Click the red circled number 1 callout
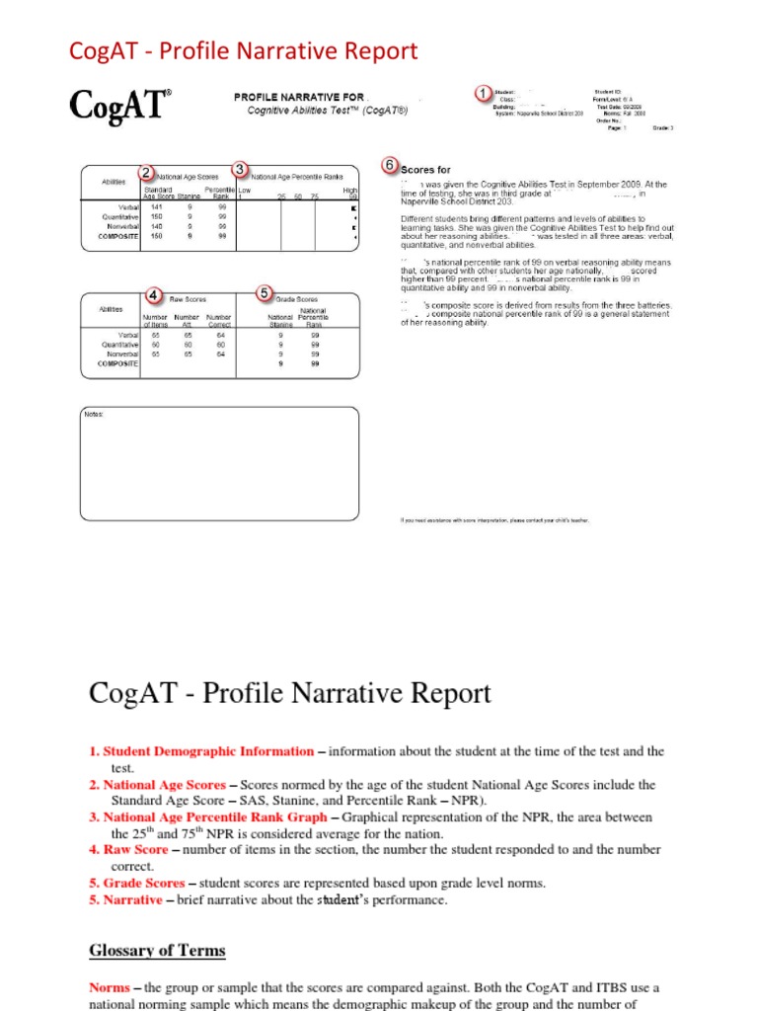(483, 93)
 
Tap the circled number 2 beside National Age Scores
(146, 173)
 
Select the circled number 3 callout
(239, 170)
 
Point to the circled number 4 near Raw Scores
(154, 295)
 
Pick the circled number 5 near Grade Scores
(264, 293)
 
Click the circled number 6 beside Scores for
(390, 164)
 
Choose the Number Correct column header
(218, 320)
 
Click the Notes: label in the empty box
(94, 415)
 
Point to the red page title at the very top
(243, 50)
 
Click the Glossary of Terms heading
(157, 951)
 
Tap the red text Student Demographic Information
(208, 751)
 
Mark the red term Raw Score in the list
(135, 849)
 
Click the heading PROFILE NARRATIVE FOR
(298, 97)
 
